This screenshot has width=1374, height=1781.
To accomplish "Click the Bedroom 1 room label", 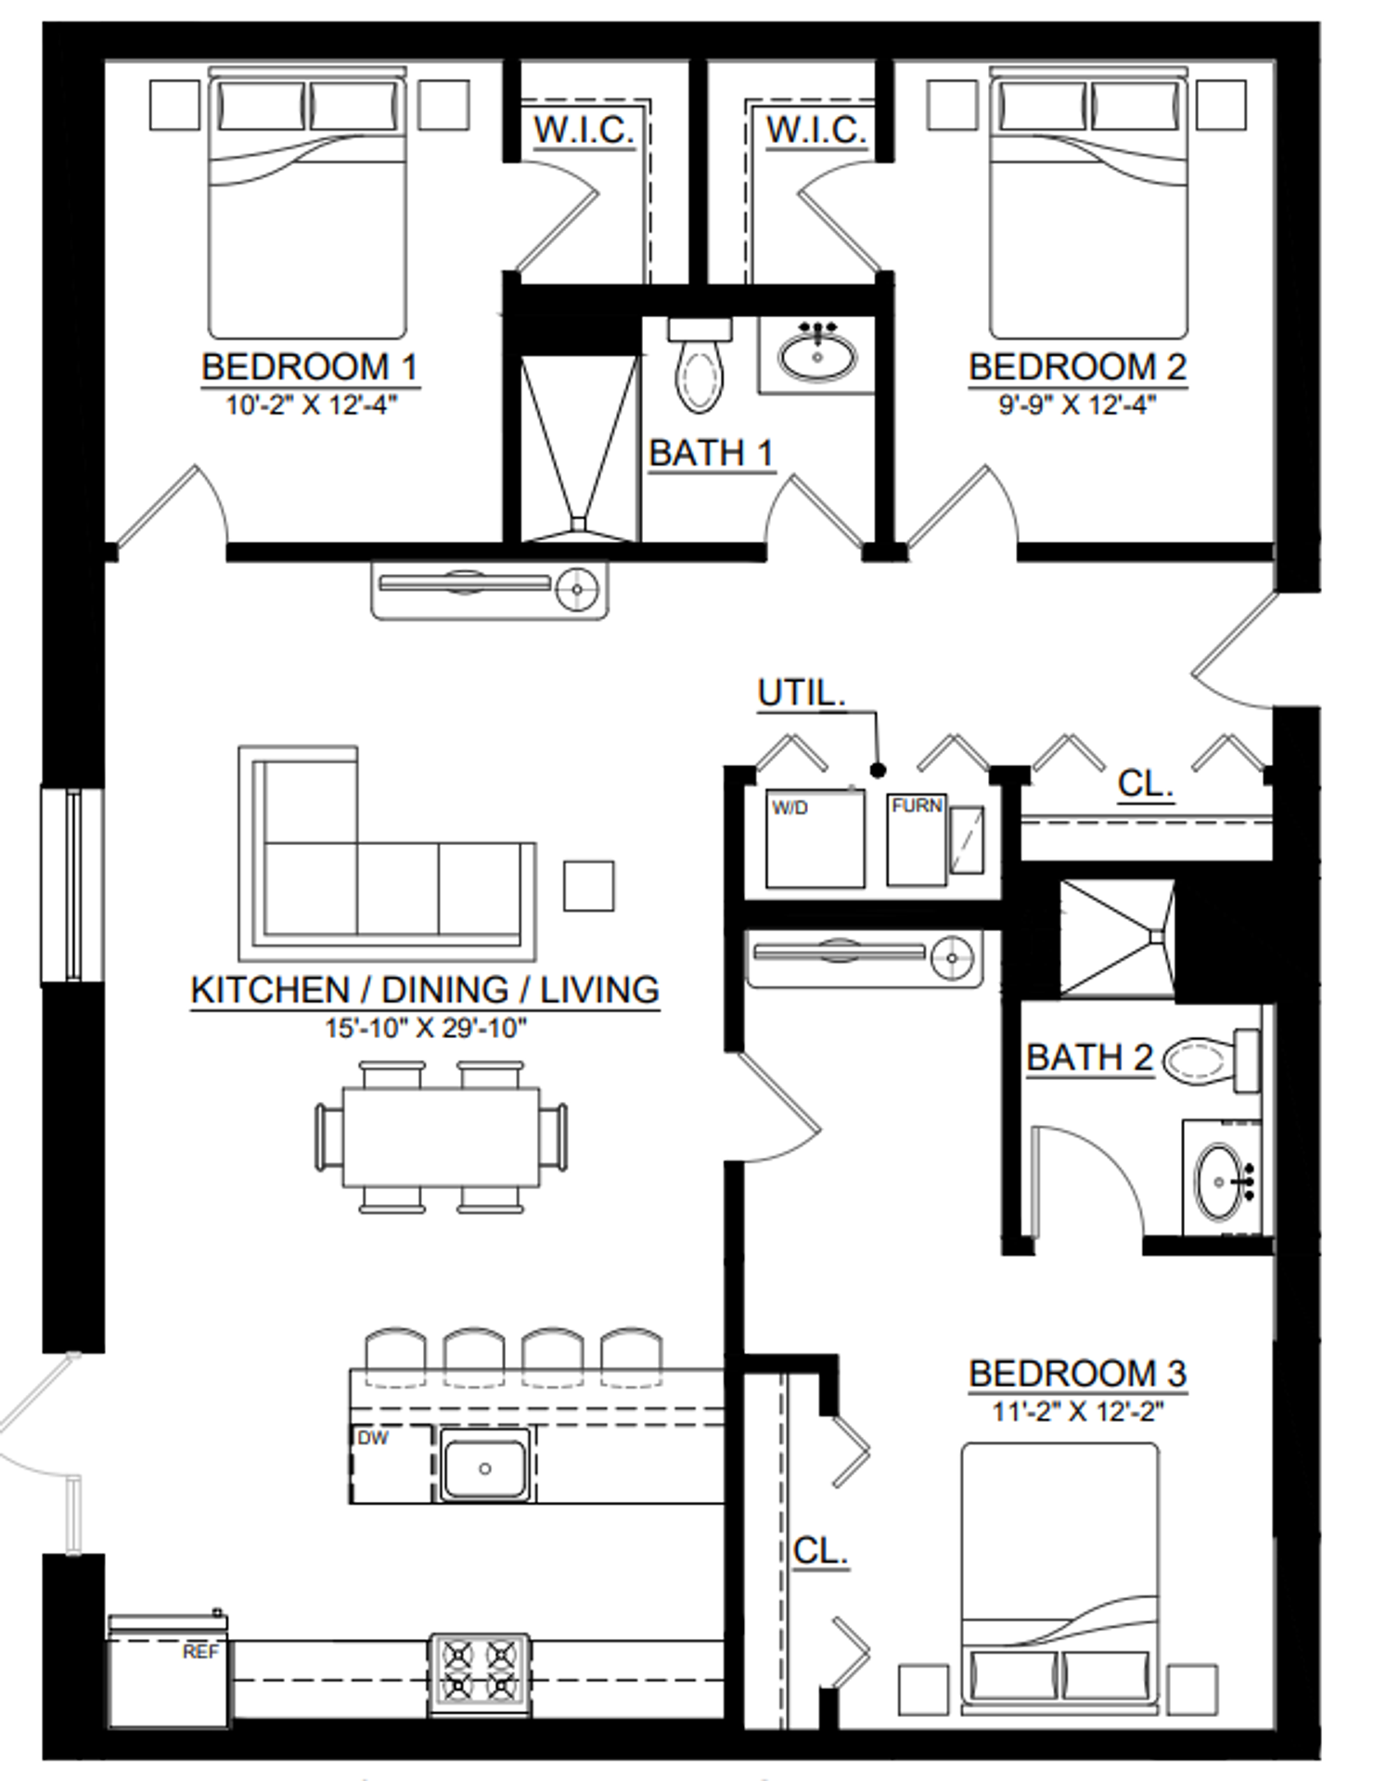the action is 310,367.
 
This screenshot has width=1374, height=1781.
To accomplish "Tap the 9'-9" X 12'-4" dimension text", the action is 1077,405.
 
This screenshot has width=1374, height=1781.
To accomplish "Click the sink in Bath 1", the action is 816,354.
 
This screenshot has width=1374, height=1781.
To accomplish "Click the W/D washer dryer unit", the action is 815,839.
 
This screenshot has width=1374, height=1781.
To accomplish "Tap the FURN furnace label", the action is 917,806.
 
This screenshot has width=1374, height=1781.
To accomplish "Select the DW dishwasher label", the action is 372,1438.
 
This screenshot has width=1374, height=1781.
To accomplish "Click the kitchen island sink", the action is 484,1464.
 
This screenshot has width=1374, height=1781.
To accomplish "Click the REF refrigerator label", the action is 201,1652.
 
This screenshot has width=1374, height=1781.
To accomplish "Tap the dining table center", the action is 442,1136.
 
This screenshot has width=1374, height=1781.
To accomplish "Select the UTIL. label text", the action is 802,693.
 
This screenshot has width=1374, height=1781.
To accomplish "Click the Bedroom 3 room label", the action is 1077,1374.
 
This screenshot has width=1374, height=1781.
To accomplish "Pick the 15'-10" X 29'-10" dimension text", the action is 426,1029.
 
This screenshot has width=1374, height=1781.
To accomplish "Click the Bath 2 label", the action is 1089,1057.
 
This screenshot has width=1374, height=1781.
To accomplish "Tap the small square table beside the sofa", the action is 589,886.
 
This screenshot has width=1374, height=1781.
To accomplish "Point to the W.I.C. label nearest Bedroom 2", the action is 815,130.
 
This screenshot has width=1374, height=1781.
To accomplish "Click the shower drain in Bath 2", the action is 1156,937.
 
